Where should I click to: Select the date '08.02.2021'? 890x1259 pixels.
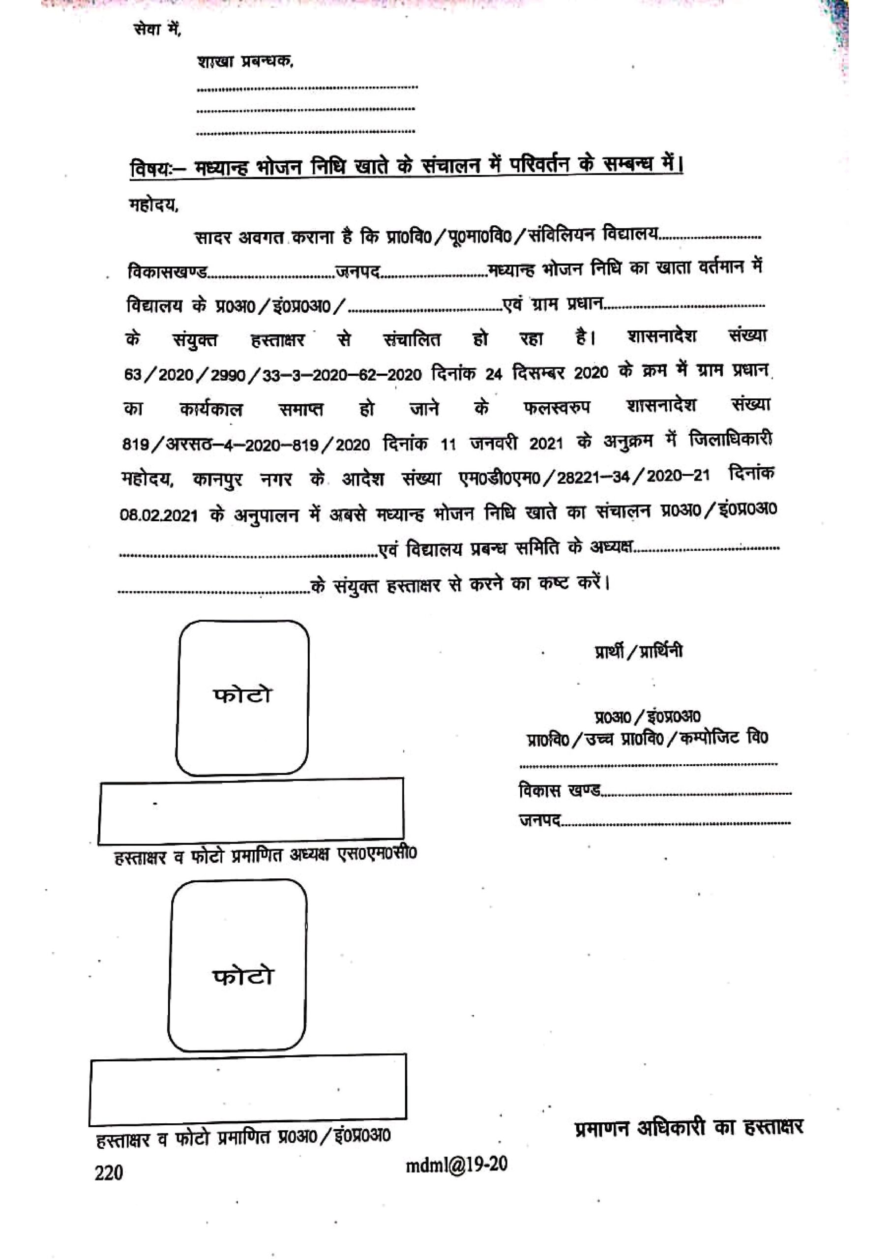pos(158,516)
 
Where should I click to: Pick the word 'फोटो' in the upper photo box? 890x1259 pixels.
pos(242,695)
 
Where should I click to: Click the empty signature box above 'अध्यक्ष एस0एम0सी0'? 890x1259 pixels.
pos(251,810)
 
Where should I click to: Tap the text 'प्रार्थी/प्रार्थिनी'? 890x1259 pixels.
pos(639,652)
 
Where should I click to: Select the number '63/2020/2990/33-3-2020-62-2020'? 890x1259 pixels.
pos(273,375)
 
